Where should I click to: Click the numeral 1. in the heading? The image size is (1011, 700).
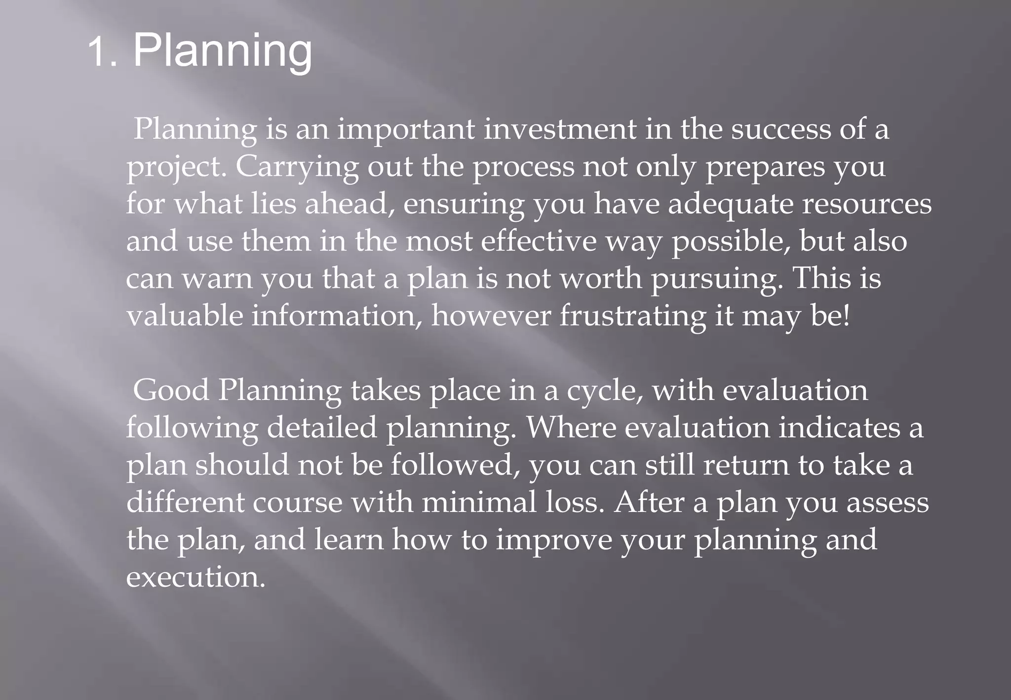pos(103,53)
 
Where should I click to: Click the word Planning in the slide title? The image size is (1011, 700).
pos(223,52)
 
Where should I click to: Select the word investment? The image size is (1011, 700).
pos(560,129)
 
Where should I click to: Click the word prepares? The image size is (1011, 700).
pos(765,168)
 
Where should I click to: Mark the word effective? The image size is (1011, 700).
pos(539,241)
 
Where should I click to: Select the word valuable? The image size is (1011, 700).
pos(185,316)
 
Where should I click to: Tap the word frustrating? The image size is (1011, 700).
pos(632,317)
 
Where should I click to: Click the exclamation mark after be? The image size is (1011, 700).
pos(847,316)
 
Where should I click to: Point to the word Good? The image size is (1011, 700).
pos(171,390)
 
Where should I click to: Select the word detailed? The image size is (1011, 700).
pos(322,428)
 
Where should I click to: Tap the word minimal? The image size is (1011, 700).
pos(479,503)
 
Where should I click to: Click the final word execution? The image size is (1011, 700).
pos(195,577)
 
